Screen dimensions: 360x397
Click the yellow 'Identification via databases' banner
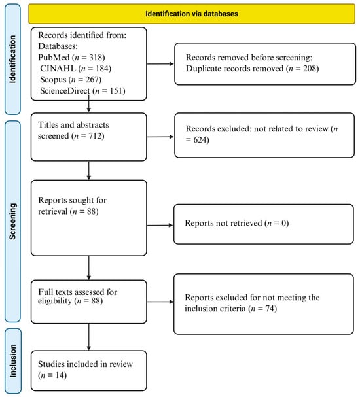click(x=192, y=14)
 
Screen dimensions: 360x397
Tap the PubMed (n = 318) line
click(x=71, y=58)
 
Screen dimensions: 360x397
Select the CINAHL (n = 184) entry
click(x=75, y=69)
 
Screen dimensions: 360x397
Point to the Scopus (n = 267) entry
click(x=71, y=80)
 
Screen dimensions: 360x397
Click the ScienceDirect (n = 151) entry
click(x=82, y=91)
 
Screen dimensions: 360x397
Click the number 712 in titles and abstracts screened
click(x=95, y=136)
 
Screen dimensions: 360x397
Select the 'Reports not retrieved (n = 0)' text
click(x=237, y=223)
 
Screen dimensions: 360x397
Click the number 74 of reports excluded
click(x=270, y=309)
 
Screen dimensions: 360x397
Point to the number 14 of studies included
click(x=60, y=375)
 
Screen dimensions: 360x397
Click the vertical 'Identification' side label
click(x=12, y=60)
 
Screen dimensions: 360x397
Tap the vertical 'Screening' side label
click(x=12, y=221)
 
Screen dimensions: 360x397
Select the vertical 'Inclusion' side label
click(x=12, y=361)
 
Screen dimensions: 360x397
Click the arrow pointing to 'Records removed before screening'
click(x=160, y=64)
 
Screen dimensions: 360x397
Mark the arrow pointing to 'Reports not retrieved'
click(x=160, y=225)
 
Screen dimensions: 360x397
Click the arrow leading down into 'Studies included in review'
click(x=88, y=337)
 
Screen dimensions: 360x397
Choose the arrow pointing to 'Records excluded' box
click(x=160, y=137)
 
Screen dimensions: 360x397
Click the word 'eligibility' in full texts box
click(x=55, y=301)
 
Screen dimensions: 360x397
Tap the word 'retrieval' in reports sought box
click(x=53, y=211)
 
